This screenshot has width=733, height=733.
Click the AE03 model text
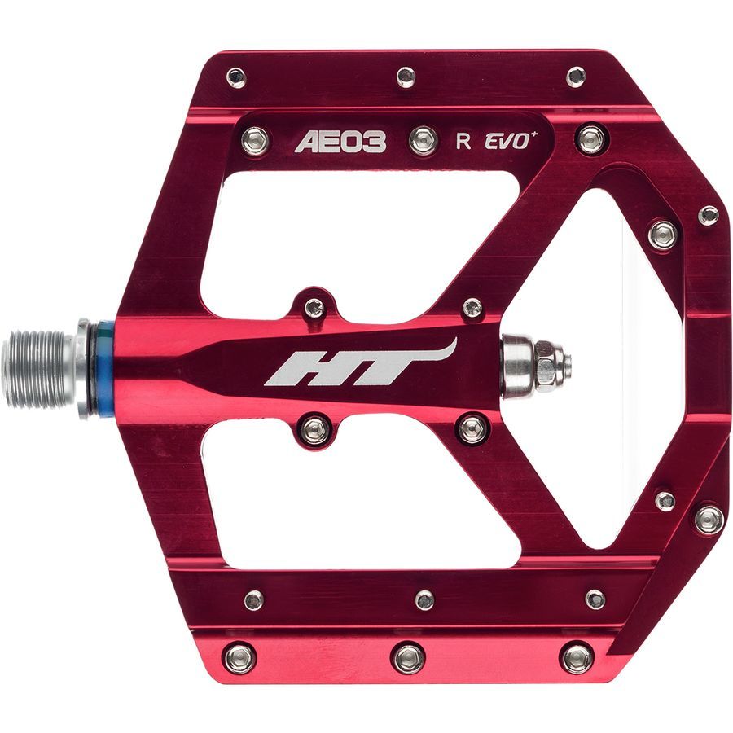[x=340, y=142]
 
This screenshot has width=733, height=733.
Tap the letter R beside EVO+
[x=463, y=141]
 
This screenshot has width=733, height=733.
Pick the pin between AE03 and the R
[x=422, y=140]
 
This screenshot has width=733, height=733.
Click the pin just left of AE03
[x=256, y=139]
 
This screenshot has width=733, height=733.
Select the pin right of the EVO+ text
[x=590, y=138]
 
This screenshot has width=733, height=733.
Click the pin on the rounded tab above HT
[x=314, y=309]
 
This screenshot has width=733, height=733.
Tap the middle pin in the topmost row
[x=406, y=77]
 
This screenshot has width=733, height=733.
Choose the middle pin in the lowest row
[x=409, y=657]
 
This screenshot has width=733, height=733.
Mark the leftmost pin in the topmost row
[x=236, y=78]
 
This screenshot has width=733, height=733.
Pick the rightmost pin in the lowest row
[x=577, y=656]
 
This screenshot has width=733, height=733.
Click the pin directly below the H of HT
[x=314, y=429]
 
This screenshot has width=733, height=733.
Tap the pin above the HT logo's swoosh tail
[x=472, y=309]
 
